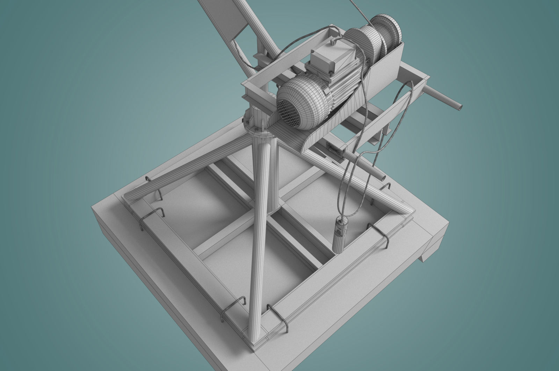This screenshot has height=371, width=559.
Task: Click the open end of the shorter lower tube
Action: coord(384,178)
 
